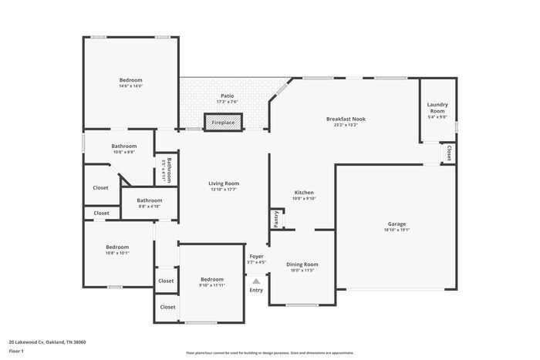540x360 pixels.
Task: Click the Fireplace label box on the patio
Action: [223, 123]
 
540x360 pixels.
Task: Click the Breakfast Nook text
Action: [346, 118]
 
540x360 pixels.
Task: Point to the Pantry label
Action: [275, 219]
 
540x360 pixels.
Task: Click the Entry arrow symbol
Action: [256, 281]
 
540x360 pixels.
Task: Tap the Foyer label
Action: [256, 256]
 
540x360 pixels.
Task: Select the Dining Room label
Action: [303, 264]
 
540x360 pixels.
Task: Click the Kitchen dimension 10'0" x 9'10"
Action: [304, 198]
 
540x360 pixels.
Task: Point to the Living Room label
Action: [224, 183]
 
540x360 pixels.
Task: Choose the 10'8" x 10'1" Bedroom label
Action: [117, 247]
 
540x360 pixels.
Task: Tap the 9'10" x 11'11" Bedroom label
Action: [212, 279]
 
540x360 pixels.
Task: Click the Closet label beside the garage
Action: [449, 153]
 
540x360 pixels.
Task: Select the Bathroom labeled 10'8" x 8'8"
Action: [123, 146]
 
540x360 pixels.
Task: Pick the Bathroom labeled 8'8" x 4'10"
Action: [150, 200]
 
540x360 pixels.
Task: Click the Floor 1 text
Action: [17, 352]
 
